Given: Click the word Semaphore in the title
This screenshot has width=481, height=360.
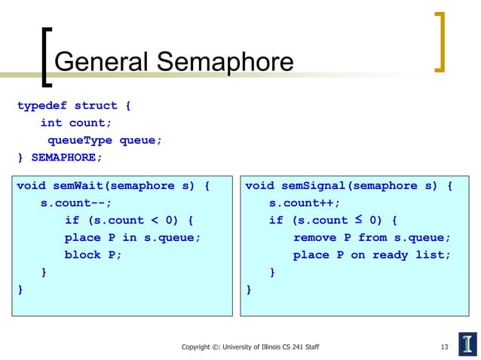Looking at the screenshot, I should pos(222,62).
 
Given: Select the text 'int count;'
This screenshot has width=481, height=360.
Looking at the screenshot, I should pos(75,123).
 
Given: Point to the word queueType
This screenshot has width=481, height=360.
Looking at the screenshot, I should pos(79,140).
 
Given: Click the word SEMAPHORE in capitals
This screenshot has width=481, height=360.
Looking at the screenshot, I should pos(65,157).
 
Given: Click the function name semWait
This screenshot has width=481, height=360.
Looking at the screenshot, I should pos(81,186).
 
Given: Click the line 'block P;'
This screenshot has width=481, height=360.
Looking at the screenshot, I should pos(93,255).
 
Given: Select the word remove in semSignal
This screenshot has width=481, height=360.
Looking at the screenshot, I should pos(314,237).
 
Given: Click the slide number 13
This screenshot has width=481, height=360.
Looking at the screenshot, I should pos(444,346).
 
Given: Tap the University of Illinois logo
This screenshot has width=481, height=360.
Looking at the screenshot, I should pos(468,343).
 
